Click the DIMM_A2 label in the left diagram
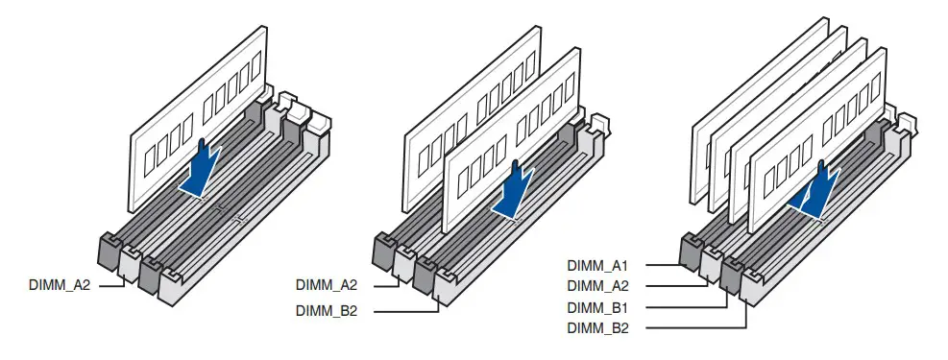[x=60, y=284]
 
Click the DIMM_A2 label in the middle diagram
[x=327, y=284]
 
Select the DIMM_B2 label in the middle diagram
[x=327, y=311]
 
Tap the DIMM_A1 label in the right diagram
[x=597, y=265]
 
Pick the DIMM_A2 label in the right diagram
[x=597, y=286]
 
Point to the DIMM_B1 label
[x=597, y=307]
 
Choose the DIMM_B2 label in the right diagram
[x=597, y=328]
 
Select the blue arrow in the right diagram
[x=816, y=190]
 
